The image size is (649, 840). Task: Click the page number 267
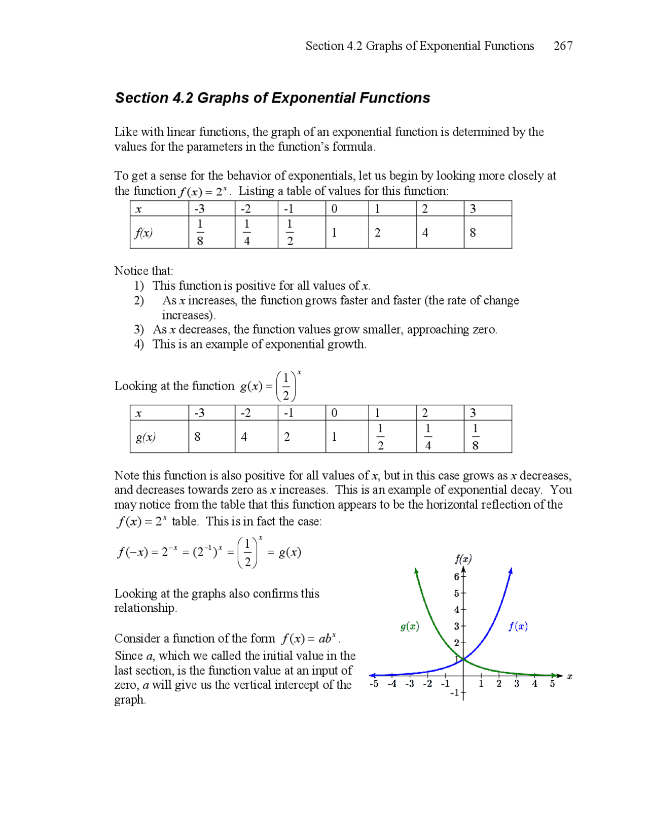tap(563, 46)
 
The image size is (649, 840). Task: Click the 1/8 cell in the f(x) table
tap(200, 232)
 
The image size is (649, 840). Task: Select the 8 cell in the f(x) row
tap(473, 233)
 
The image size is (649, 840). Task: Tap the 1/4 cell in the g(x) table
tap(428, 437)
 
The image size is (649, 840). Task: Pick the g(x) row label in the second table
tap(146, 437)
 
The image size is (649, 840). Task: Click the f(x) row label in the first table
tap(143, 233)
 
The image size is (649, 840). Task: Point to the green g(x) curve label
tap(410, 626)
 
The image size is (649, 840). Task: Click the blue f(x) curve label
tap(518, 626)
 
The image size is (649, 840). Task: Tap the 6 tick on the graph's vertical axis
tap(457, 577)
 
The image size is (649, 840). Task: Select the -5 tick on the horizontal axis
tap(374, 684)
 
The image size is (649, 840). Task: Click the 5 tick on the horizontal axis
tap(553, 684)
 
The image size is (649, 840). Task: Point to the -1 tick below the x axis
tap(455, 693)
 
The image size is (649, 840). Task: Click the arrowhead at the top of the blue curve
tap(511, 571)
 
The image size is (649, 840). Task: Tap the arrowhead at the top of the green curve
tap(416, 571)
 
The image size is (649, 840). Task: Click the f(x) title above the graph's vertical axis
tap(463, 559)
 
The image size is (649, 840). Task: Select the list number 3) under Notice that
tap(139, 330)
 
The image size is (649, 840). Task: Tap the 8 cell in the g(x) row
tap(197, 437)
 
